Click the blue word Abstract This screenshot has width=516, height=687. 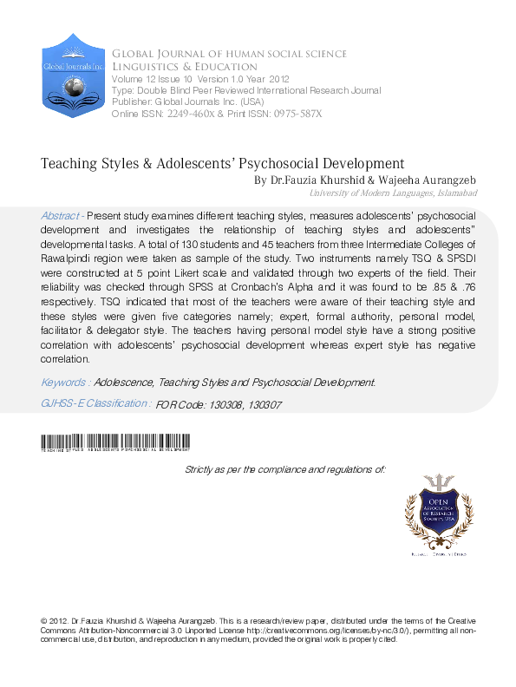[59, 214]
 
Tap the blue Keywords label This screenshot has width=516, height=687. [64, 382]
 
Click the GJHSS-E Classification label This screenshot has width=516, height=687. [95, 403]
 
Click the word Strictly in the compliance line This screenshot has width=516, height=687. [203, 468]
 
